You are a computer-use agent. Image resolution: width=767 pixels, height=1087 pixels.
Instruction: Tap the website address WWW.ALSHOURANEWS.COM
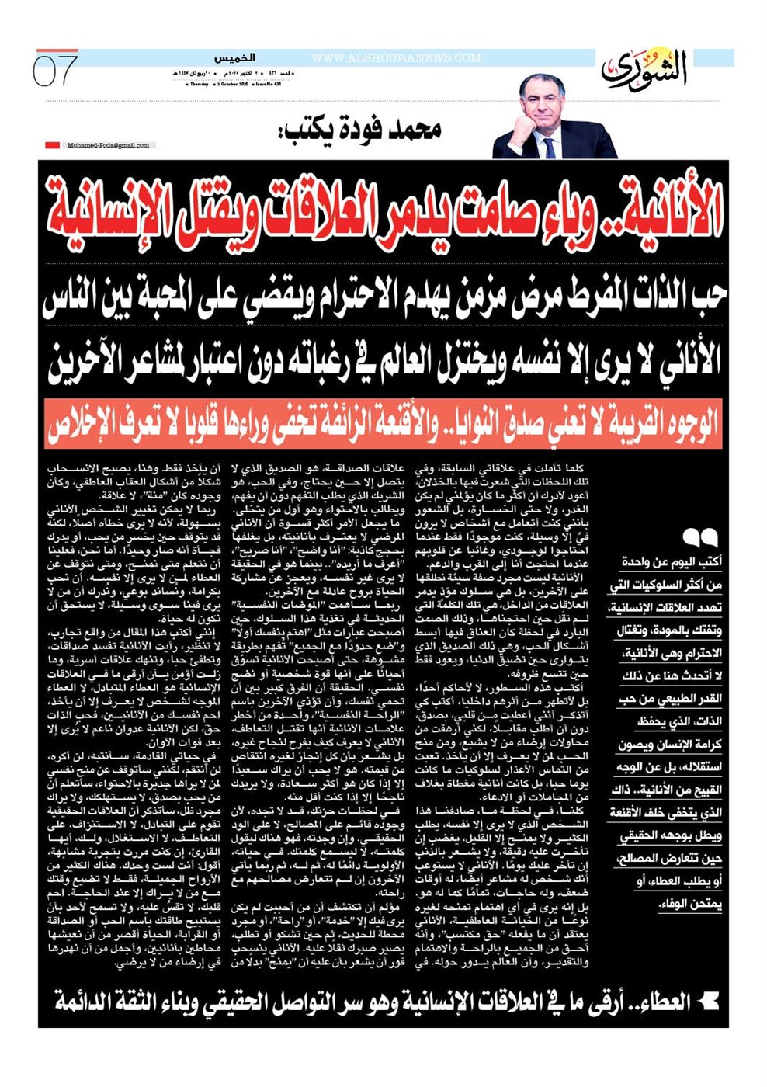pyautogui.click(x=396, y=58)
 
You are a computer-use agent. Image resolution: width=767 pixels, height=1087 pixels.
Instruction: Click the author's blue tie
pyautogui.click(x=550, y=147)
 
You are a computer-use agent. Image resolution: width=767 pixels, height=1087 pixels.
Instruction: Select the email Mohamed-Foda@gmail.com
pyautogui.click(x=108, y=145)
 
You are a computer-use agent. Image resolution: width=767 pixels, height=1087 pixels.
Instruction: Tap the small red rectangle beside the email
pyautogui.click(x=52, y=145)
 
